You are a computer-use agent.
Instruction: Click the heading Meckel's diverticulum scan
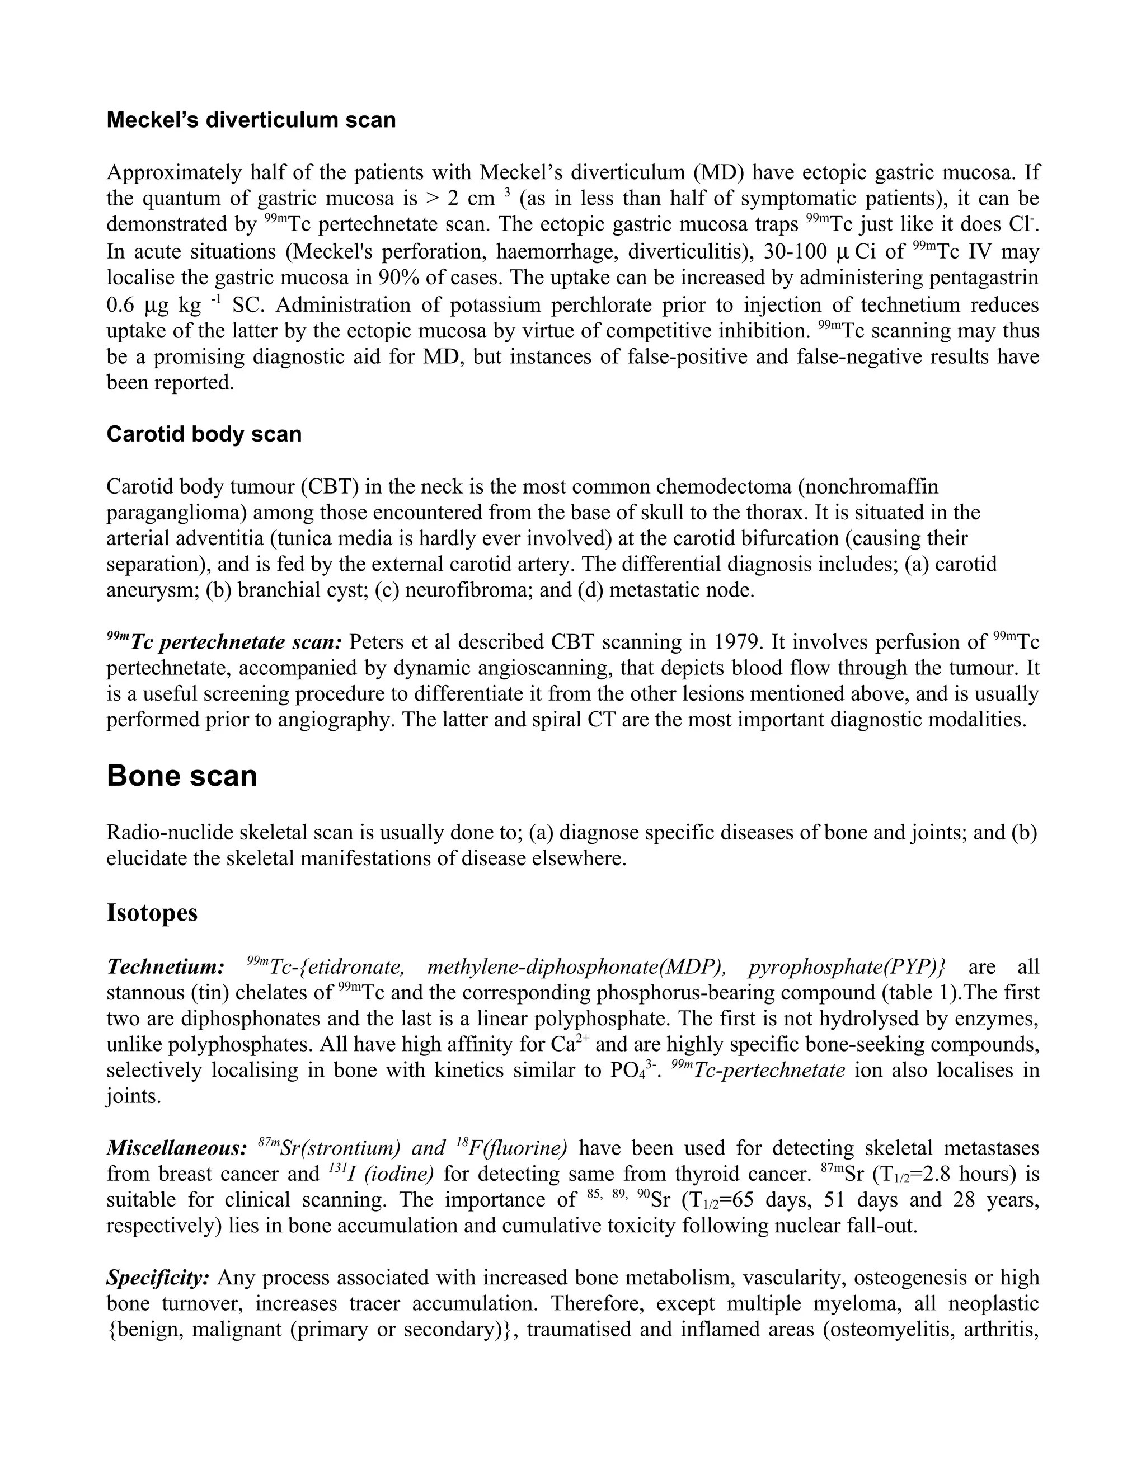pyautogui.click(x=251, y=120)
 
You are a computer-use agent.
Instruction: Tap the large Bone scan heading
pyautogui.click(x=181, y=776)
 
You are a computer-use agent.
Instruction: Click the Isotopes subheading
pyautogui.click(x=152, y=912)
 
